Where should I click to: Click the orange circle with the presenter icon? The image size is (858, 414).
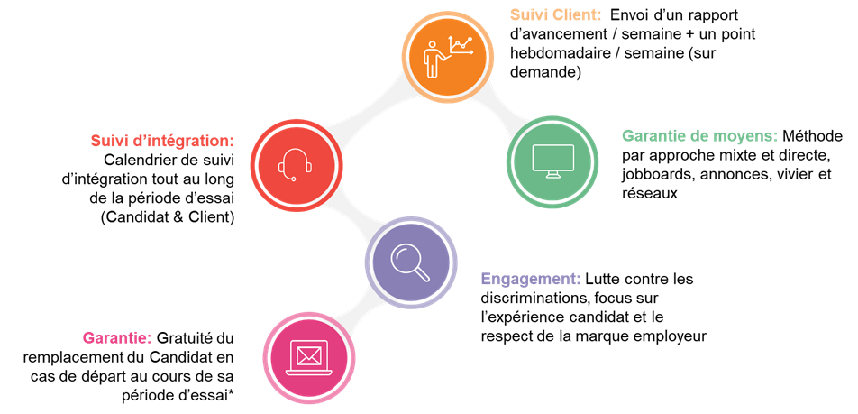[448, 56]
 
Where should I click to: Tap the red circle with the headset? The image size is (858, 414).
[296, 166]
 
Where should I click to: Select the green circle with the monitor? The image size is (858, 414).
[552, 161]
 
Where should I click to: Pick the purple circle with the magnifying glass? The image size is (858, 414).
[410, 262]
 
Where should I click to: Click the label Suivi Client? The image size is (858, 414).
[555, 15]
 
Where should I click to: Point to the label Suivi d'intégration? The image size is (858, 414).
[162, 141]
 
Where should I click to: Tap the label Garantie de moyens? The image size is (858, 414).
[699, 136]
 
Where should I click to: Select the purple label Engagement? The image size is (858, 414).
[531, 279]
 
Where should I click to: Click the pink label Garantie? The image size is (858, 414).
[116, 337]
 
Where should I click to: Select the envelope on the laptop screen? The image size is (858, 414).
[308, 354]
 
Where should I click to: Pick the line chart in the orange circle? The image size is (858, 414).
[461, 47]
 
